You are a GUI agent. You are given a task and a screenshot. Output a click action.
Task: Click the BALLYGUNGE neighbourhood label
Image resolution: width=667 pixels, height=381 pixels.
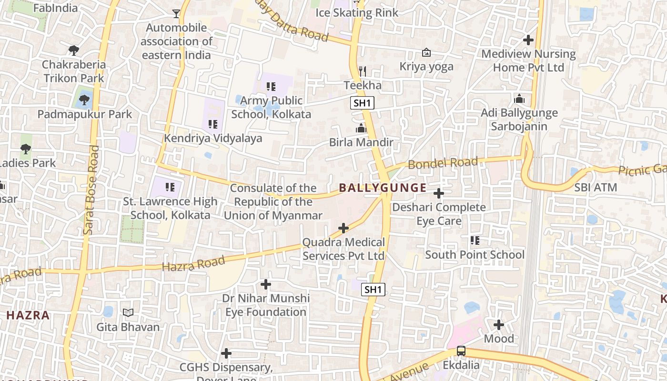click(x=383, y=188)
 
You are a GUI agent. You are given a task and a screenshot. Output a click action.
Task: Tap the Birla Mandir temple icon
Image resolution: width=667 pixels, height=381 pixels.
click(x=361, y=129)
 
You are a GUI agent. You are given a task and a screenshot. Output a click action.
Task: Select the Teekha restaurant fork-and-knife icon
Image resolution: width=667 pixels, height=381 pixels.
click(x=363, y=71)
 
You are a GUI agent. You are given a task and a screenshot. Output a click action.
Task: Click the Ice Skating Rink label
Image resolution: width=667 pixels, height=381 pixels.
click(x=357, y=12)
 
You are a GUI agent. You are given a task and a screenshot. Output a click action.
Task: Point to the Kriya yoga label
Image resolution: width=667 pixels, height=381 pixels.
click(x=426, y=66)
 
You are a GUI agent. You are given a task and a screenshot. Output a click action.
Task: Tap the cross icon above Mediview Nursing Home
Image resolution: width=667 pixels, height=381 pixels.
click(x=528, y=40)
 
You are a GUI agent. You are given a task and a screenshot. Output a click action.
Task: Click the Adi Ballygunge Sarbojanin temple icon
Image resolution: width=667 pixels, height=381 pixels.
click(x=519, y=99)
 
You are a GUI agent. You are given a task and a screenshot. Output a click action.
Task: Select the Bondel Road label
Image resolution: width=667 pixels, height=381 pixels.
click(x=443, y=163)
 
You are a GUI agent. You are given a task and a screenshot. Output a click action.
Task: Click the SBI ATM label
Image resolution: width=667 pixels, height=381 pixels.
click(x=596, y=187)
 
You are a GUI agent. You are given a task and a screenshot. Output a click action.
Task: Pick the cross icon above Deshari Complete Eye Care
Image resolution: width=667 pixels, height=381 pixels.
click(x=439, y=193)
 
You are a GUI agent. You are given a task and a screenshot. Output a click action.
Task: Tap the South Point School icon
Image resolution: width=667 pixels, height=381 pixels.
click(x=475, y=241)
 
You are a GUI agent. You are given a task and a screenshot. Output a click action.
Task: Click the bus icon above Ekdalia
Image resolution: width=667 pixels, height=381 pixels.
click(x=461, y=351)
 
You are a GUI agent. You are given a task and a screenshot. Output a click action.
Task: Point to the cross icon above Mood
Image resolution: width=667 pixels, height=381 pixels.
click(x=499, y=325)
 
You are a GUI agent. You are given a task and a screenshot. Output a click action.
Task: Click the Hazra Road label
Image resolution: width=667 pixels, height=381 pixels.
click(x=193, y=263)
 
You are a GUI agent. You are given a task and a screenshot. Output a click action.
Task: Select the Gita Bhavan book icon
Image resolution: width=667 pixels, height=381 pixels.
click(x=128, y=313)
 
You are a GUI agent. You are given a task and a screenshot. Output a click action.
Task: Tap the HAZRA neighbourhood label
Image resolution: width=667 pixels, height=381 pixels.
click(x=28, y=315)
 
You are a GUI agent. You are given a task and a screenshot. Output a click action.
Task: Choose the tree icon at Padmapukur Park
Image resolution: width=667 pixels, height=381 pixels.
click(x=84, y=100)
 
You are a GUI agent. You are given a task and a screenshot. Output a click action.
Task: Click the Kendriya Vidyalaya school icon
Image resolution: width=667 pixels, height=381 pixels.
click(x=213, y=124)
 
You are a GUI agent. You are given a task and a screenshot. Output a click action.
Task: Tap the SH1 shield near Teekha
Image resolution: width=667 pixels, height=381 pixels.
click(x=362, y=103)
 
